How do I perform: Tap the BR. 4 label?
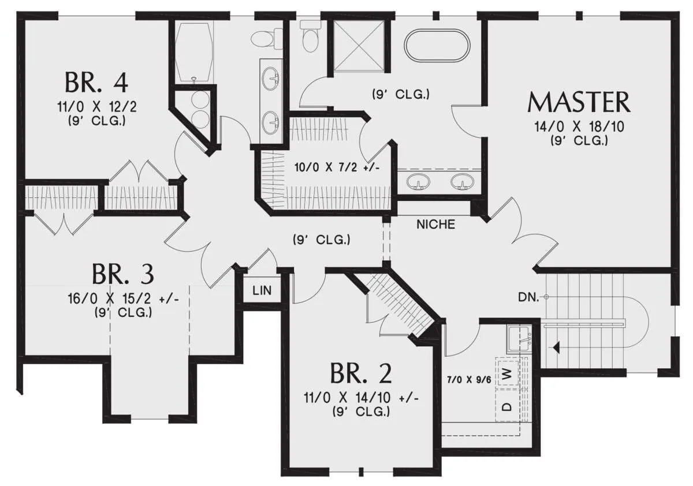(96, 83)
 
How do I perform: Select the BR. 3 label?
(123, 274)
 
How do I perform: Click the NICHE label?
(435, 225)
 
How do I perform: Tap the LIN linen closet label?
(262, 290)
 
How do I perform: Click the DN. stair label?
(528, 297)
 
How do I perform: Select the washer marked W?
(508, 375)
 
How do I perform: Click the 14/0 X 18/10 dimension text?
(579, 127)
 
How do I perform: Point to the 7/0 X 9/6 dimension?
(469, 380)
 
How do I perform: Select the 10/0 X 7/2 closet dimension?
(337, 167)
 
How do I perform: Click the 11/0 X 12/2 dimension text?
(97, 107)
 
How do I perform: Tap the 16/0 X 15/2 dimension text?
(123, 298)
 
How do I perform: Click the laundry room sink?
(519, 339)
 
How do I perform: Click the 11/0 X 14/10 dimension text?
(362, 398)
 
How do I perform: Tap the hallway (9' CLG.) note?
(322, 240)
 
